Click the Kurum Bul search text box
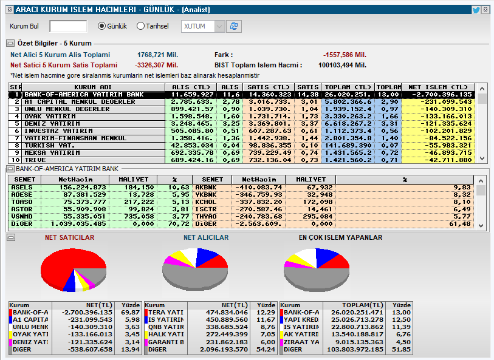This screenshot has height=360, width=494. click(68, 26)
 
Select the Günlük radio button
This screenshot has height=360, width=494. click(101, 26)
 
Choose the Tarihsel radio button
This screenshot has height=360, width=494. click(140, 26)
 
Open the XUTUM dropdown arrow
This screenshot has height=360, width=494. click(219, 27)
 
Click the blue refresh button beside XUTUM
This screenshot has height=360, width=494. click(234, 27)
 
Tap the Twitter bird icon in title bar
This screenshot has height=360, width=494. click(476, 10)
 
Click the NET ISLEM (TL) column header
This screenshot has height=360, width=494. click(438, 87)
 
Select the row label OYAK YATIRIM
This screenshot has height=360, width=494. click(52, 117)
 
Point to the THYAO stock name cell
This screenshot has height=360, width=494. click(206, 217)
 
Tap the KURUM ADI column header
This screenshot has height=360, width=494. click(93, 87)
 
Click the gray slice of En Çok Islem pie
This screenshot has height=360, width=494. click(317, 279)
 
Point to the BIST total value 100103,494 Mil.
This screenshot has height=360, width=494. click(343, 66)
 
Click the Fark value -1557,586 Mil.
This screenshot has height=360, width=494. click(345, 55)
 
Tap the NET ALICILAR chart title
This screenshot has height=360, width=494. click(206, 237)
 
